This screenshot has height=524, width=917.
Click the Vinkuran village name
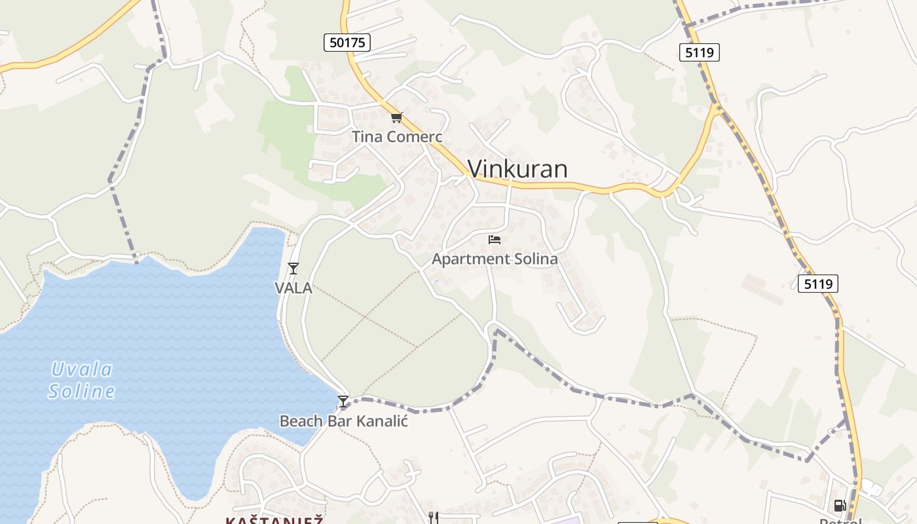(517, 169)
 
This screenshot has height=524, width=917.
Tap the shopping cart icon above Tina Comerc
(396, 118)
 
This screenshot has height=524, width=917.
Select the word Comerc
(414, 137)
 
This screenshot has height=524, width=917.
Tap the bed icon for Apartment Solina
(495, 240)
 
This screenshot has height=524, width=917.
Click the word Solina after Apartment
(534, 259)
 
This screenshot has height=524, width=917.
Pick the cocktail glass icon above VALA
(293, 268)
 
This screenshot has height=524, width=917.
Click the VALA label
(293, 288)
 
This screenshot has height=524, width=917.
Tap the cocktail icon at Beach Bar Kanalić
(343, 401)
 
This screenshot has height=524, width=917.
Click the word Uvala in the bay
(82, 369)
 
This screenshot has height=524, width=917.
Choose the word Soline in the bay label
(82, 392)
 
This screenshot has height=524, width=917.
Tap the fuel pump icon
(840, 505)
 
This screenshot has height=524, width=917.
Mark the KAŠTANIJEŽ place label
(275, 520)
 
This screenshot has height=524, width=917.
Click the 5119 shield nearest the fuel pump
(818, 284)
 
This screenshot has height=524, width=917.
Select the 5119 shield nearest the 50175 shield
(700, 52)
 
